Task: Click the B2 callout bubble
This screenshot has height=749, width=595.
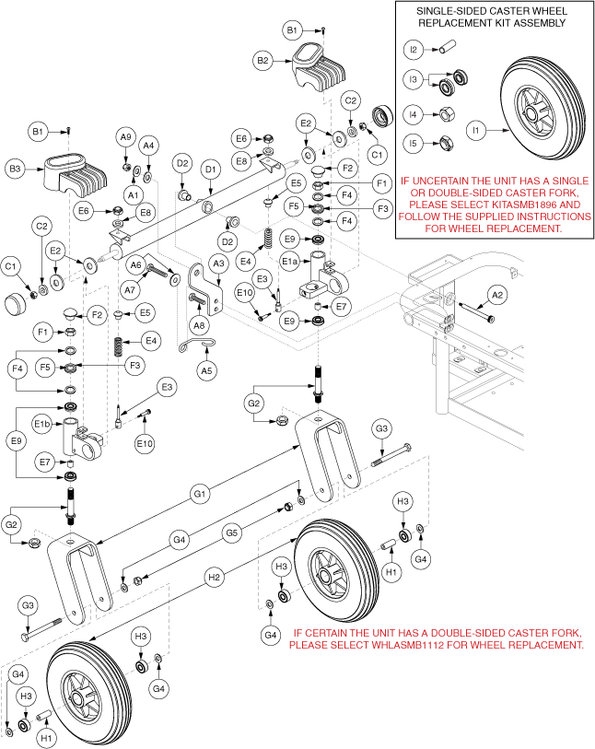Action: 263,61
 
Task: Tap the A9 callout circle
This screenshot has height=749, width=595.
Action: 126,136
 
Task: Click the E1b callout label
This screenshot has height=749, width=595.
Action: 41,424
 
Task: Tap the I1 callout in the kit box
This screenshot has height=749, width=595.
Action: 476,132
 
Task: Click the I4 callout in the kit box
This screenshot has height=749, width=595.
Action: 413,116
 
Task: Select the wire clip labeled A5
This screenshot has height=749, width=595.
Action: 201,345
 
